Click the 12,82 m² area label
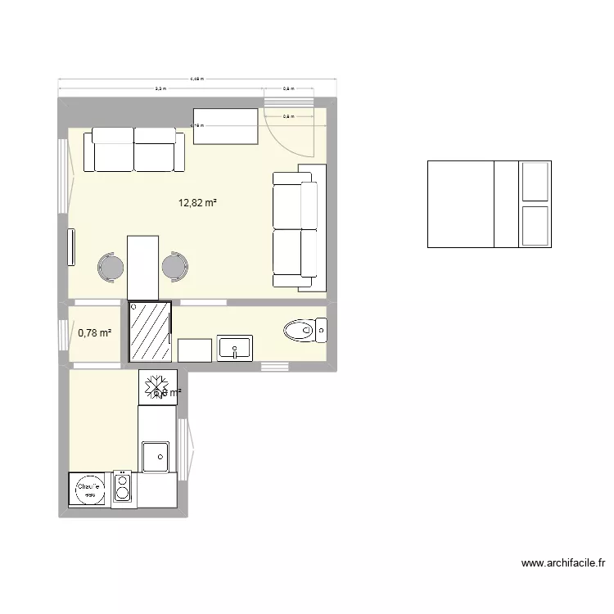point(197,202)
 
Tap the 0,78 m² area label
point(94,332)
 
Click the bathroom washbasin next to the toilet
point(235,348)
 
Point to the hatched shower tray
point(150,331)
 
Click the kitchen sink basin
point(155,456)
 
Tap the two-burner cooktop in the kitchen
point(123,490)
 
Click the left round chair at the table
point(111,267)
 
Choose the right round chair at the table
point(174,267)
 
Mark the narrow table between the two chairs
point(142,267)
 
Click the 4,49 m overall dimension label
point(196,79)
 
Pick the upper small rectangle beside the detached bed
point(535,181)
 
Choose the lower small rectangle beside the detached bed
point(535,225)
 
